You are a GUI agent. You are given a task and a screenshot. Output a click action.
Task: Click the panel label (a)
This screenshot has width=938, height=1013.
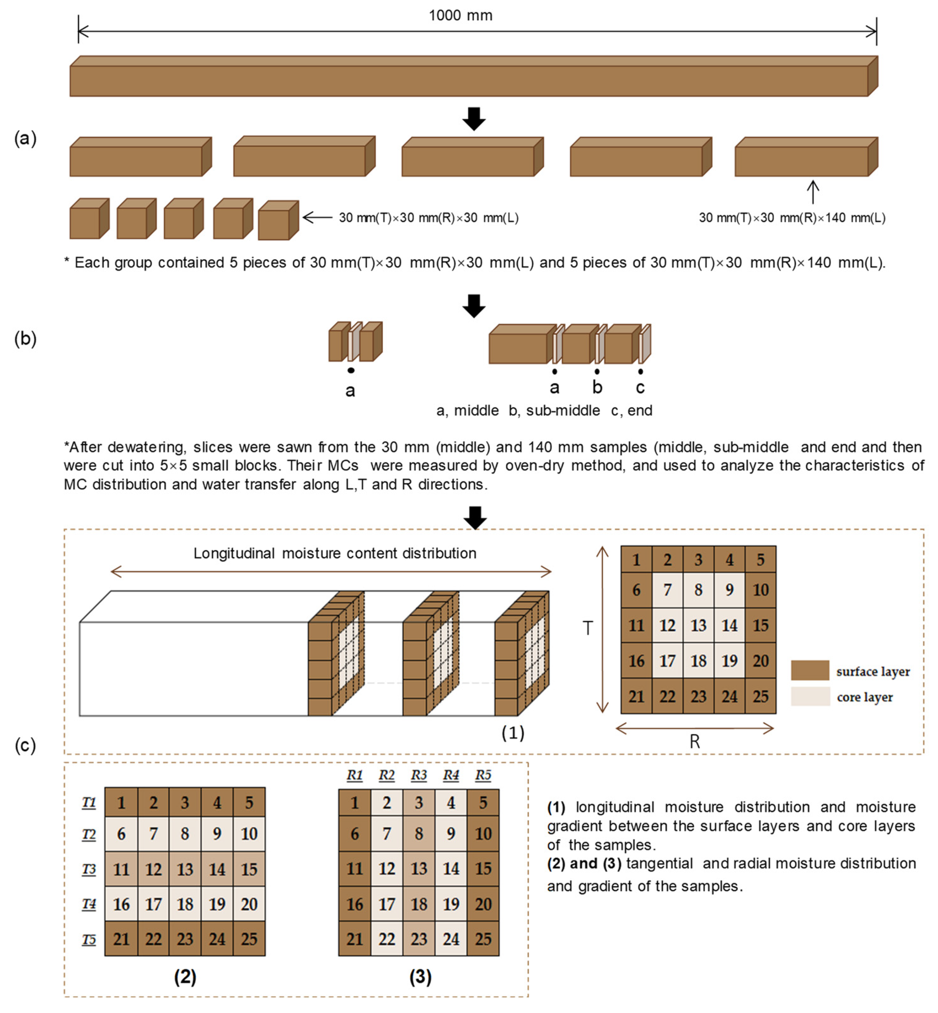25,138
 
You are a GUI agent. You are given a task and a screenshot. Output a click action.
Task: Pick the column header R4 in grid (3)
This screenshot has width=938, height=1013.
451,775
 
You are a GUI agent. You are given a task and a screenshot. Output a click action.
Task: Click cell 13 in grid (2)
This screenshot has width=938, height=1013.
185,869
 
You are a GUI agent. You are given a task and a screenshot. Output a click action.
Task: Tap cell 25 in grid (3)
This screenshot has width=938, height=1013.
483,939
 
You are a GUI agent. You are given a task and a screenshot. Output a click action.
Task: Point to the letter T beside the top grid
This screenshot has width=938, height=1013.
588,628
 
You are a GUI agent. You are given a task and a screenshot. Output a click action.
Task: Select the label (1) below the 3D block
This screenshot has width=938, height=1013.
513,732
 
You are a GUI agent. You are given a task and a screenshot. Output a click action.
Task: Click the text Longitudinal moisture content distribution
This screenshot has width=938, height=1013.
335,553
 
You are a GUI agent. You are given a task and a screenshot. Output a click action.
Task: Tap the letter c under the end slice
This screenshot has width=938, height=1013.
640,388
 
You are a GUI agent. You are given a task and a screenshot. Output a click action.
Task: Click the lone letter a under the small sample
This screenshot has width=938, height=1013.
350,391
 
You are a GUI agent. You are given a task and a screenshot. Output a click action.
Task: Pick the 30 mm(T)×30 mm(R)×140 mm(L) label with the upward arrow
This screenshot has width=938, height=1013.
791,218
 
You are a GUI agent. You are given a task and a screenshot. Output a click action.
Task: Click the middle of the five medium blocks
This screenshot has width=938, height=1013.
472,157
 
